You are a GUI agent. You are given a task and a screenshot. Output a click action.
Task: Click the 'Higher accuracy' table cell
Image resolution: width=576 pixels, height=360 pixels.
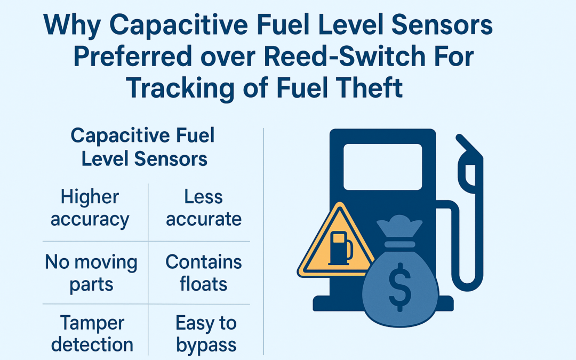[x=90, y=209]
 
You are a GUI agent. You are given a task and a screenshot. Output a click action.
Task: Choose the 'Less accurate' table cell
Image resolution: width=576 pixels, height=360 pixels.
[x=203, y=209]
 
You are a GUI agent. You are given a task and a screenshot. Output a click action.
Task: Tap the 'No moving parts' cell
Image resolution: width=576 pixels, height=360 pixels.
[x=91, y=273]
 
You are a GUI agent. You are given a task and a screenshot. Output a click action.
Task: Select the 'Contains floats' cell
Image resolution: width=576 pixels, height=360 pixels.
[x=203, y=273]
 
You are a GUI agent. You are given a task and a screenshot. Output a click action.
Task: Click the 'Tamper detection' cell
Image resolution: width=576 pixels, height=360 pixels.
[x=92, y=333]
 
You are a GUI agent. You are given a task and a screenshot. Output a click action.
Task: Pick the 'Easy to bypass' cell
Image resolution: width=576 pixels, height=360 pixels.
[x=206, y=333]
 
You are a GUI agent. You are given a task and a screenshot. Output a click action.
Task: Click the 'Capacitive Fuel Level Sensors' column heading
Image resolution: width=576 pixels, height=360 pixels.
[x=143, y=147]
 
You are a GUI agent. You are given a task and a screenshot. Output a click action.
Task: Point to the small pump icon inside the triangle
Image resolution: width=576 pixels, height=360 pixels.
[x=340, y=248]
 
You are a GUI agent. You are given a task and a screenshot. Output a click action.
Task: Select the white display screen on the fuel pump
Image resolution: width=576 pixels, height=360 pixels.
[x=382, y=166]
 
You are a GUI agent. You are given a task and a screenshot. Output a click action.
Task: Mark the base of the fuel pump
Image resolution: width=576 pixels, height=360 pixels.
[x=341, y=304]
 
